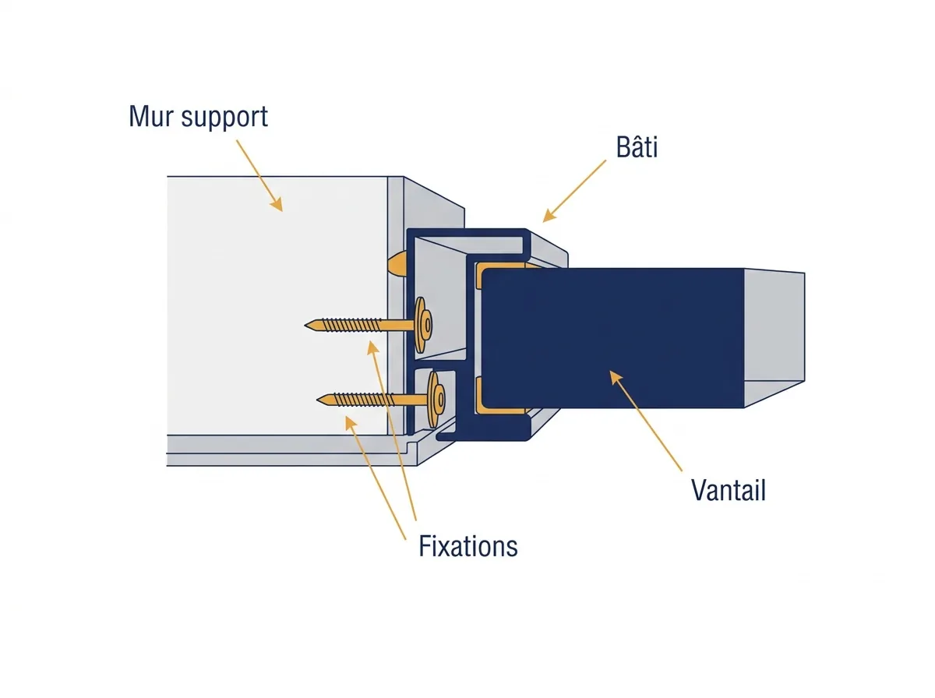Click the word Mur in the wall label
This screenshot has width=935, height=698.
(x=151, y=116)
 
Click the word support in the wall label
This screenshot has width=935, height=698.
(x=224, y=118)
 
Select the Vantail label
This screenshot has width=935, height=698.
(x=728, y=490)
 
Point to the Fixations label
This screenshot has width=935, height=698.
(x=468, y=546)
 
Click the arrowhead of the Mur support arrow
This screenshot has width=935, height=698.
(x=277, y=204)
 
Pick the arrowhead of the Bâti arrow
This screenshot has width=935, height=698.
(x=549, y=216)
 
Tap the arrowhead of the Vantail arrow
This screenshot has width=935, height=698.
(x=616, y=377)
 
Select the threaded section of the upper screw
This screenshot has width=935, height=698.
(x=349, y=325)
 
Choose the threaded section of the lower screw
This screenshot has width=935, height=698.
(x=363, y=400)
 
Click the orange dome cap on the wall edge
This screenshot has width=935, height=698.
(x=397, y=263)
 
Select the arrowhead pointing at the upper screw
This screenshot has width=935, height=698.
(x=372, y=347)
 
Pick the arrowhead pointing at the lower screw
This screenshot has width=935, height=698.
(x=351, y=423)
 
